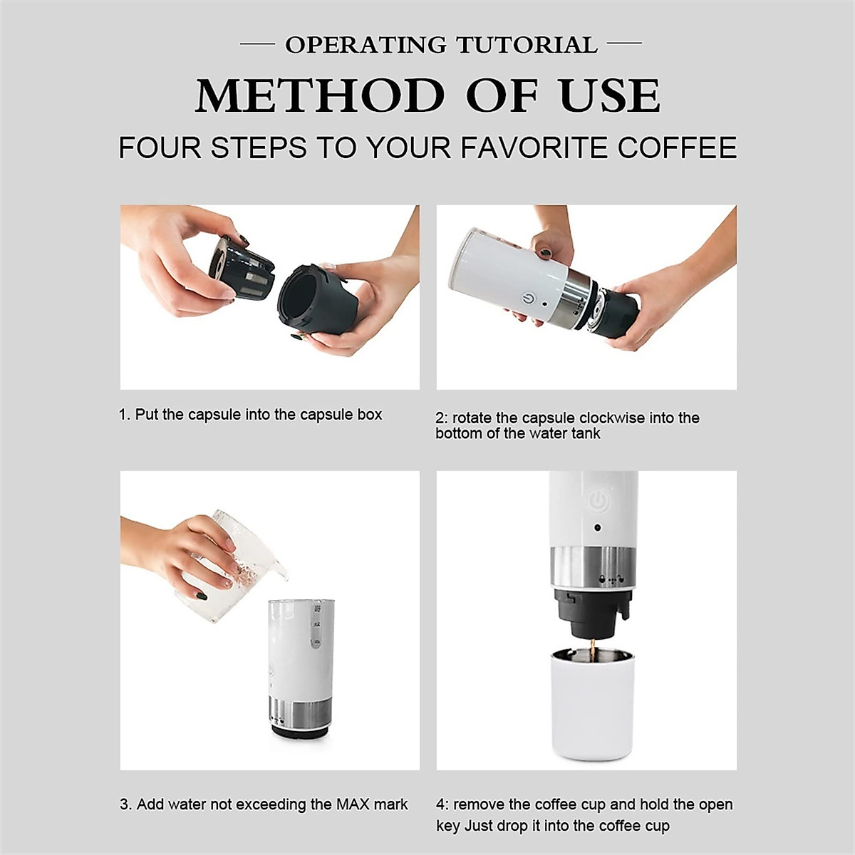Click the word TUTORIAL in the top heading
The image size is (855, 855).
point(527,45)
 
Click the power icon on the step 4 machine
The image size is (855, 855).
point(598,502)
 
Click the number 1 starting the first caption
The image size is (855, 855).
point(123,415)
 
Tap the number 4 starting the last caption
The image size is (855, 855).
point(440,804)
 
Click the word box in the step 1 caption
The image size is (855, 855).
point(370,415)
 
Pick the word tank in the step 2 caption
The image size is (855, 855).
point(586,434)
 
